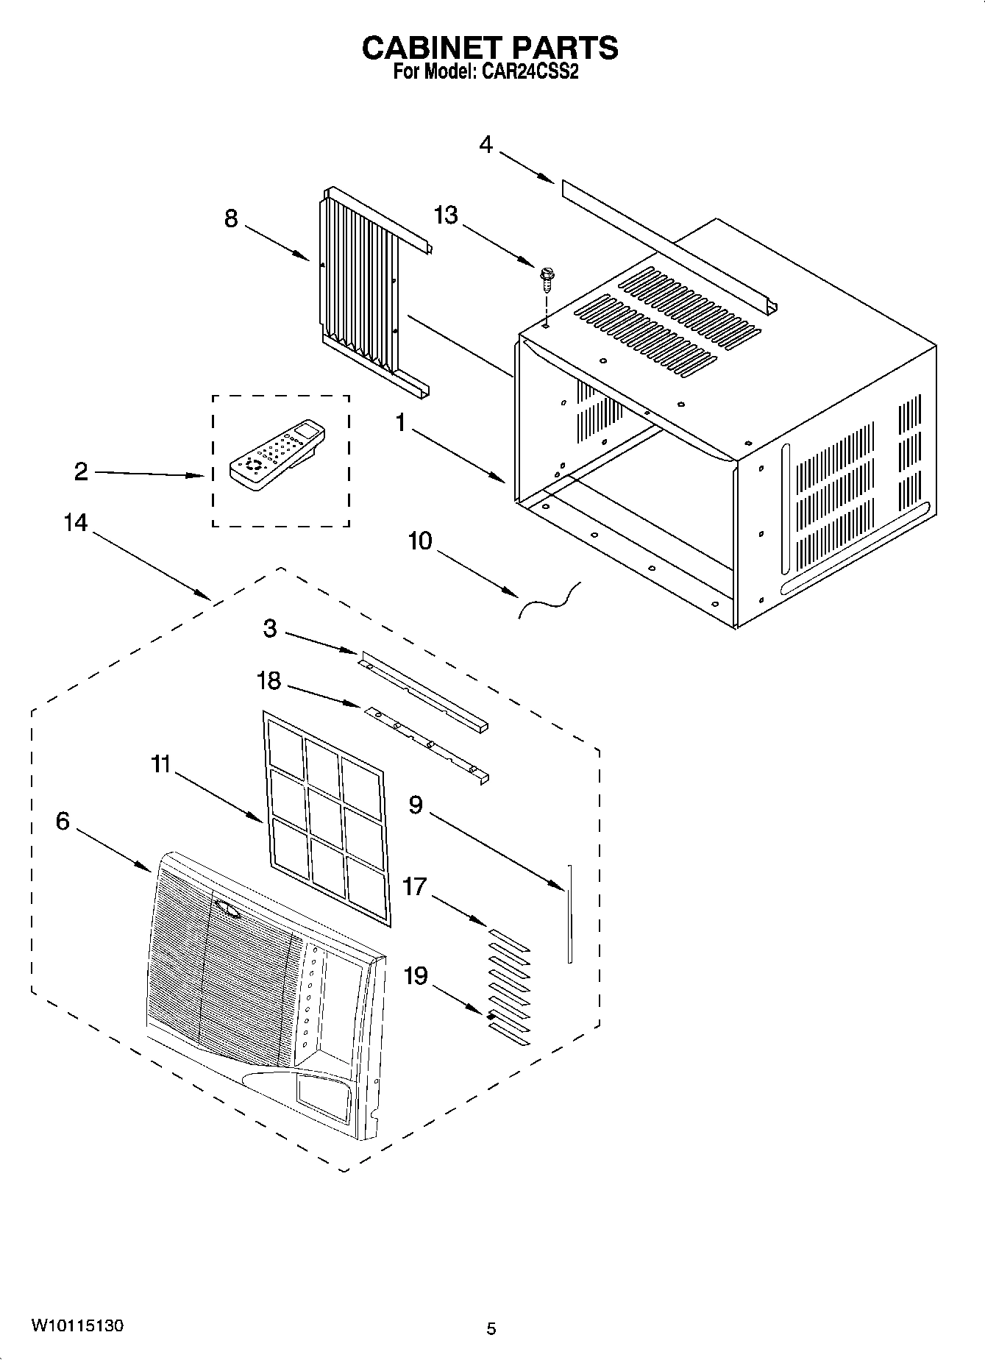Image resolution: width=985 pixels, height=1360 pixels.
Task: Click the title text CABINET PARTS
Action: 490,48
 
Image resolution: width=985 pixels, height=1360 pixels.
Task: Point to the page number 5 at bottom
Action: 491,1329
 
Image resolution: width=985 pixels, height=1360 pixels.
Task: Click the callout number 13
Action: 446,215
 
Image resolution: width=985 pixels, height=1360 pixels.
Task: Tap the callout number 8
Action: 231,218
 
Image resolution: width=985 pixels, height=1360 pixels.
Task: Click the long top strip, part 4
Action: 662,243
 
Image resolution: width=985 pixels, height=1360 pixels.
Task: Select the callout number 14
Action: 76,523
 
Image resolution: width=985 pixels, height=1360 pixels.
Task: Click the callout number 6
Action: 63,821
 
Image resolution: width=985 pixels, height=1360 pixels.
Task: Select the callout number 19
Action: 416,976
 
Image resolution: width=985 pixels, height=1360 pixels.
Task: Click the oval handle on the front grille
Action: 228,911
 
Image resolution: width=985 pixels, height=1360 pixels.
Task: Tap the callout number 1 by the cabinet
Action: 401,424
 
